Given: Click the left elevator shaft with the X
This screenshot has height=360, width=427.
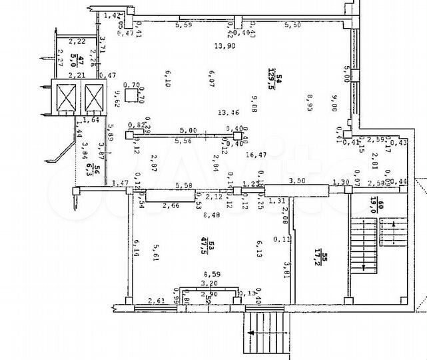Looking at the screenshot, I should click(68, 99).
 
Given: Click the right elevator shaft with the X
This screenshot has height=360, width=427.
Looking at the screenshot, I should click(94, 99).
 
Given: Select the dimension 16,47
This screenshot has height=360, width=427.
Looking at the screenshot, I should click(255, 155).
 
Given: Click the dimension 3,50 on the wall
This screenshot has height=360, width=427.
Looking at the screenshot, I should click(296, 181).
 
